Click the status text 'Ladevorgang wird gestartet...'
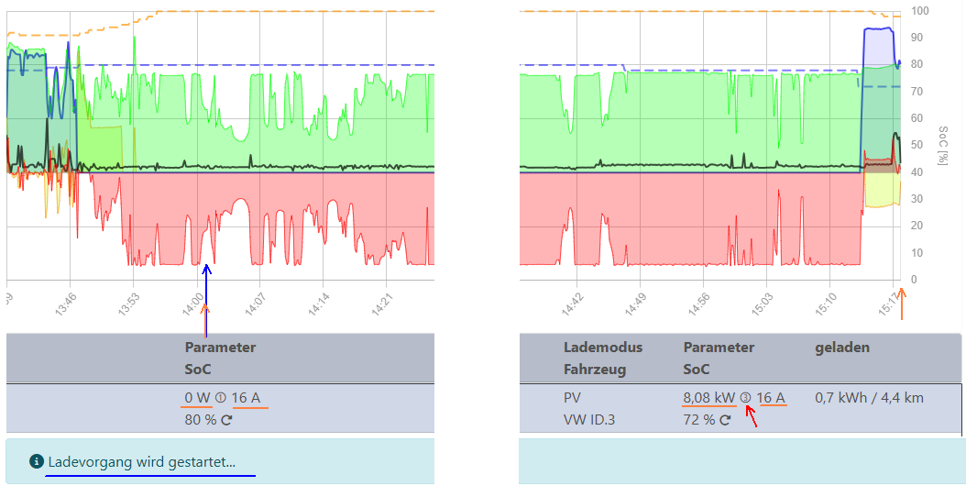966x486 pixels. pos(141,461)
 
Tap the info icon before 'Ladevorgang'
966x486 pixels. pos(36,461)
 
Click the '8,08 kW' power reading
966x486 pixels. pos(708,398)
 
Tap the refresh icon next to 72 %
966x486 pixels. pos(725,420)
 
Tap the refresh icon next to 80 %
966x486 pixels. pos(226,420)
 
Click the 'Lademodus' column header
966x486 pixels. pos(602,348)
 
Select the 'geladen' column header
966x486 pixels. pos(842,348)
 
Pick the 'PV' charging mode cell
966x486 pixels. pos(572,398)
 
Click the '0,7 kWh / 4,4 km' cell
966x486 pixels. pos(869,398)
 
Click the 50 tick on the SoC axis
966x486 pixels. pos(917,145)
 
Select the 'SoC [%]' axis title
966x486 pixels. pos(943,146)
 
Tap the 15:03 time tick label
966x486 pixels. pos(763,302)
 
